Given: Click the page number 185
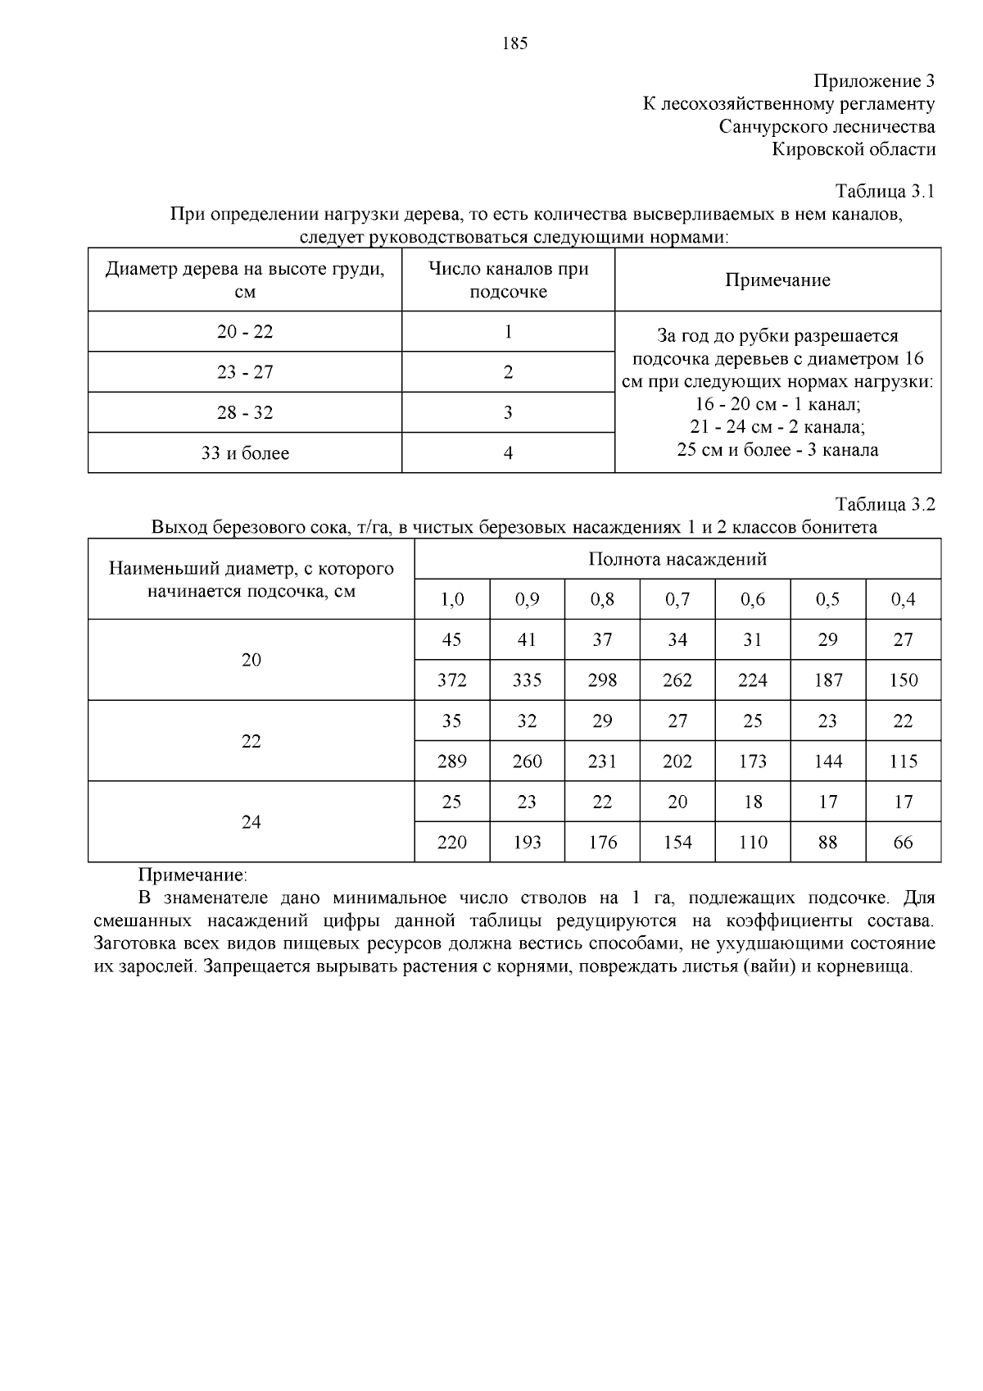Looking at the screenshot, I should pyautogui.click(x=514, y=44).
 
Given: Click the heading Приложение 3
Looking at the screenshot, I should pyautogui.click(x=873, y=81).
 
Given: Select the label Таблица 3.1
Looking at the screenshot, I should pyautogui.click(x=885, y=192).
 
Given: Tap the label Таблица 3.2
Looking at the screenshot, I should pyautogui.click(x=885, y=504).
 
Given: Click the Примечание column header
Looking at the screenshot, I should pyautogui.click(x=777, y=280).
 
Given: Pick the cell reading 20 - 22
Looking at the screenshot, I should pyautogui.click(x=245, y=332).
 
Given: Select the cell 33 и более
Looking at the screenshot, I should pyautogui.click(x=245, y=453).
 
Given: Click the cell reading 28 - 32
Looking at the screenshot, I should pyautogui.click(x=245, y=413).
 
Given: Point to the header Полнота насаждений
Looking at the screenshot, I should pyautogui.click(x=677, y=560).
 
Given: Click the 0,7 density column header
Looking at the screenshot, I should pyautogui.click(x=677, y=600).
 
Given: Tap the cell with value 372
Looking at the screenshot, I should pyautogui.click(x=452, y=680).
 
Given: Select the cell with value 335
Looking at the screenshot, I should pyautogui.click(x=527, y=680).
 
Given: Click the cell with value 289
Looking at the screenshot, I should pyautogui.click(x=452, y=761).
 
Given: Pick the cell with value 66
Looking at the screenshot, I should pyautogui.click(x=903, y=843).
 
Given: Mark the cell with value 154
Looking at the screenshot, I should pyautogui.click(x=677, y=843).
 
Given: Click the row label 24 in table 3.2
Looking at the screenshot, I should pyautogui.click(x=251, y=822).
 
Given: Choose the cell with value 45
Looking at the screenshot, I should pyautogui.click(x=452, y=640).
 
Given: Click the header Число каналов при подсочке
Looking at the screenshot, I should pyautogui.click(x=508, y=280).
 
